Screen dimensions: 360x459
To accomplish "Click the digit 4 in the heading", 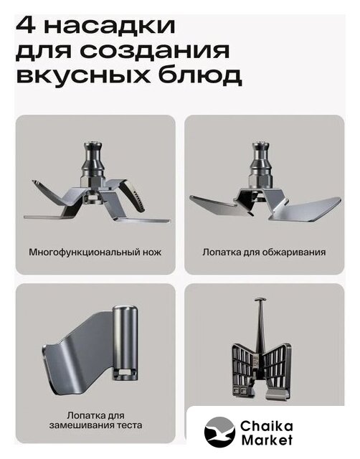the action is click(x=27, y=26).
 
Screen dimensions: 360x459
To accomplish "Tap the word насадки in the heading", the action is click(x=110, y=27).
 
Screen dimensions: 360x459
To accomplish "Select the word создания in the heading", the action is click(x=154, y=51).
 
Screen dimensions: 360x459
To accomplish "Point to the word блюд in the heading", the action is click(x=200, y=75).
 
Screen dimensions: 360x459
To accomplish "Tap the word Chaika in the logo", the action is click(x=266, y=426).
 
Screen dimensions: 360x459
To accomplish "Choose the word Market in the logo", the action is click(x=267, y=440).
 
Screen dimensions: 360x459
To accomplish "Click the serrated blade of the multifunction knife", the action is click(x=135, y=195).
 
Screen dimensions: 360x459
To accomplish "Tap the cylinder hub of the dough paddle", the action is click(x=125, y=343).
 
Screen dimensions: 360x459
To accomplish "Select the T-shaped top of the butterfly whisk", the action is click(x=260, y=301).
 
